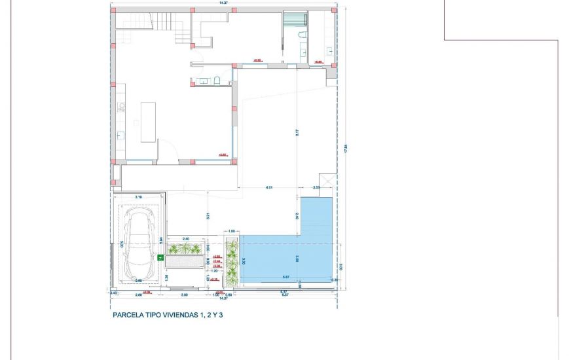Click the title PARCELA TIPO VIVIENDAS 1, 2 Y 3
tap(168, 315)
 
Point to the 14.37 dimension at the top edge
tap(224, 3)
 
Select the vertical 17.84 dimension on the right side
tap(345, 149)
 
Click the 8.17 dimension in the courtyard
tap(297, 132)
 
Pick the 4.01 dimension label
tap(269, 188)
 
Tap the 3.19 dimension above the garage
tap(138, 196)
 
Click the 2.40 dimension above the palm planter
tap(185, 238)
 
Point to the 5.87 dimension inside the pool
tap(285, 277)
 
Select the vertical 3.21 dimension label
tap(207, 215)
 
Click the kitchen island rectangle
tap(148, 122)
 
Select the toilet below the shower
tap(302, 35)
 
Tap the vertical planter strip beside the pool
tap(232, 262)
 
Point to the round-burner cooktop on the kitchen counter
tap(120, 108)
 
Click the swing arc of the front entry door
tap(169, 153)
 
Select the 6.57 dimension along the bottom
tap(285, 294)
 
